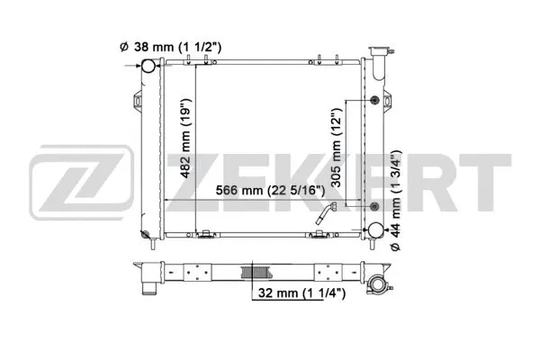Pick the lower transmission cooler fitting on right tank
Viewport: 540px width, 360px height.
373,209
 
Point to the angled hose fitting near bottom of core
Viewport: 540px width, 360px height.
326,214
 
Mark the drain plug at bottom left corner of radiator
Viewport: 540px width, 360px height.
146,236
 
